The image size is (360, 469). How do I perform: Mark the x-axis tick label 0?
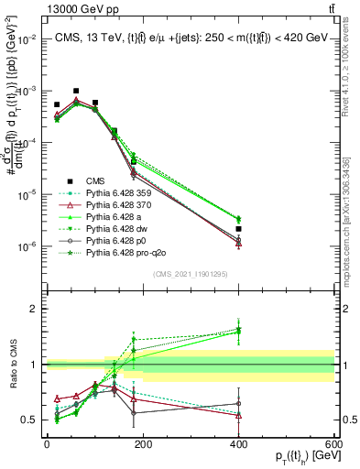point(47,444)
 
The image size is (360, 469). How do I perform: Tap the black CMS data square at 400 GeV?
point(238,202)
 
